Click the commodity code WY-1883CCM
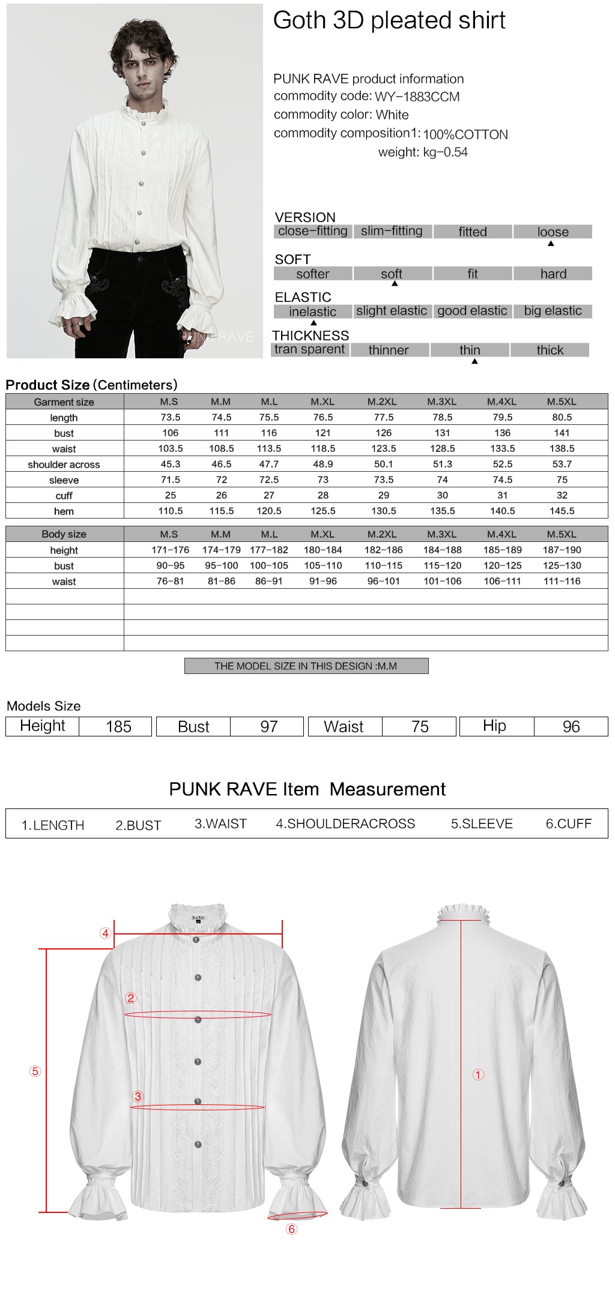click(417, 97)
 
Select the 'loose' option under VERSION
click(553, 232)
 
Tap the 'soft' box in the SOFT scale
click(392, 274)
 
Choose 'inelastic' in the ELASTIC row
click(312, 311)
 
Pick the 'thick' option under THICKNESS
click(550, 350)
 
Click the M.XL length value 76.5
click(323, 417)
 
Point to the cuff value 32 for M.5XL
click(562, 495)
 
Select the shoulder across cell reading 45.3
click(171, 464)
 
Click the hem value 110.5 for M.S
click(171, 511)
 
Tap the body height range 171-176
click(171, 550)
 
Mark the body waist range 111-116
click(562, 581)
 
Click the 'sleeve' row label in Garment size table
click(64, 480)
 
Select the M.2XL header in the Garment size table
click(383, 402)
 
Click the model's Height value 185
click(118, 727)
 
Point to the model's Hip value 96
click(571, 727)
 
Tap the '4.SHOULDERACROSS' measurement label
click(345, 824)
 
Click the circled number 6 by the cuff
click(292, 1229)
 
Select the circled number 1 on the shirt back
click(478, 1074)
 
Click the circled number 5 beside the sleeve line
click(35, 1071)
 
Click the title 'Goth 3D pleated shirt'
click(389, 20)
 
